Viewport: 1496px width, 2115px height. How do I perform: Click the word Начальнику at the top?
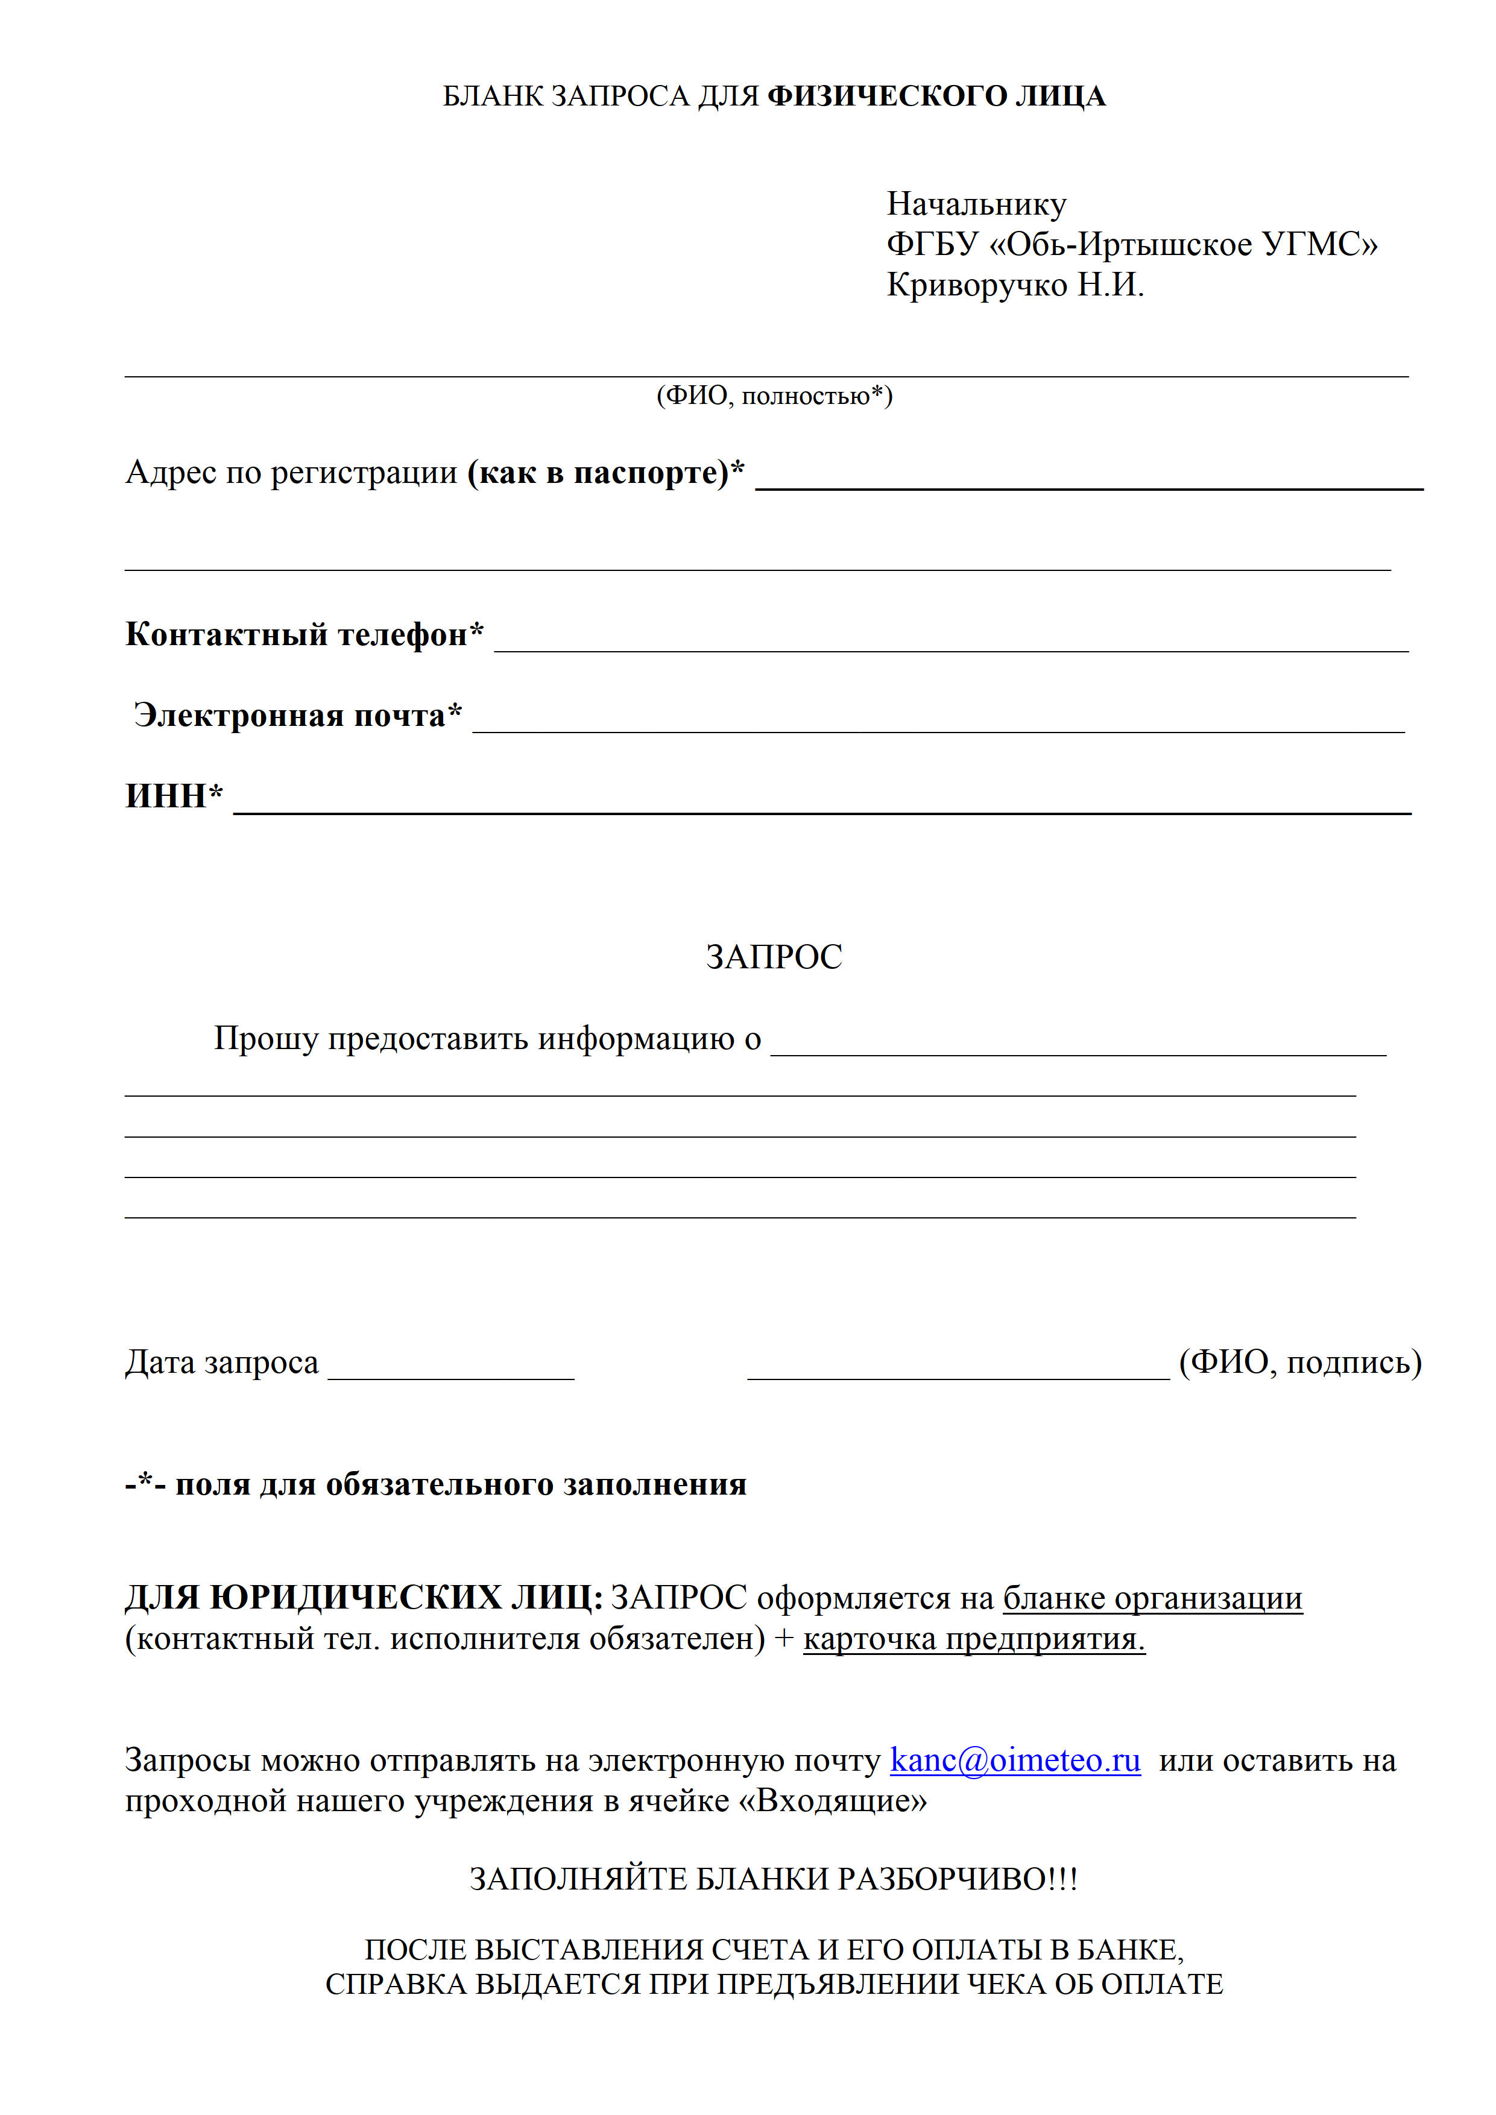(976, 204)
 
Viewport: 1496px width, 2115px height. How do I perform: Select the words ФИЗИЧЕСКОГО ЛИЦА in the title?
(935, 96)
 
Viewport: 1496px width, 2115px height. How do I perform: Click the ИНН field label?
(173, 796)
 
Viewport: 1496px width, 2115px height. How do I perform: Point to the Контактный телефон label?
(304, 635)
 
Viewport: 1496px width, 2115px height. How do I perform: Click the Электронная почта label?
(297, 716)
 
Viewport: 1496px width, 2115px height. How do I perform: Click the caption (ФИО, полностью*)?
(774, 396)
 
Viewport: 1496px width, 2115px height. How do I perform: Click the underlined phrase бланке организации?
(1152, 1598)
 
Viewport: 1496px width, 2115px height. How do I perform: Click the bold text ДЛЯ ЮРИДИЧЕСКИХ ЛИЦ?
(364, 1598)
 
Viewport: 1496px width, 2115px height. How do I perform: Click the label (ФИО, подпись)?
(1300, 1363)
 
